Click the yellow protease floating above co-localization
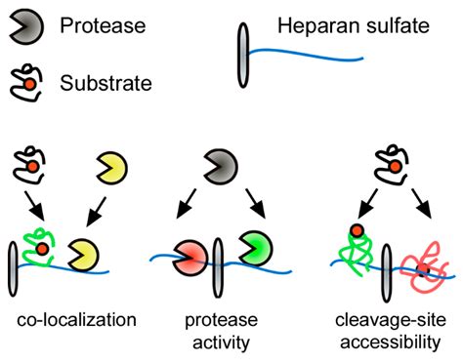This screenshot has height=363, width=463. click(110, 169)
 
